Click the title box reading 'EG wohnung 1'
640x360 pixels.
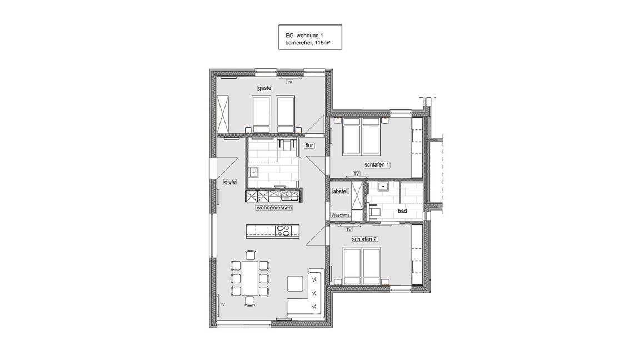(x=310, y=37)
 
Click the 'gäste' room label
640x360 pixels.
(x=264, y=88)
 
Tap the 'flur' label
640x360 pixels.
(x=309, y=146)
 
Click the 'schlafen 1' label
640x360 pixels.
(x=378, y=164)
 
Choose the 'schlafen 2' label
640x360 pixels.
(x=364, y=239)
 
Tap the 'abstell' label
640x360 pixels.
(x=340, y=191)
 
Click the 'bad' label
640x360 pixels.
(x=402, y=212)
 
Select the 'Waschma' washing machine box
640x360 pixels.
(x=341, y=215)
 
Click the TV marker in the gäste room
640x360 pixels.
(x=289, y=82)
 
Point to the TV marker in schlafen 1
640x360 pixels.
(x=356, y=174)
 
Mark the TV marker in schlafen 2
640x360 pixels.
(x=349, y=229)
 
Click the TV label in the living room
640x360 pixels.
(x=222, y=304)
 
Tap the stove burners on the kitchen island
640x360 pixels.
(x=283, y=230)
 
